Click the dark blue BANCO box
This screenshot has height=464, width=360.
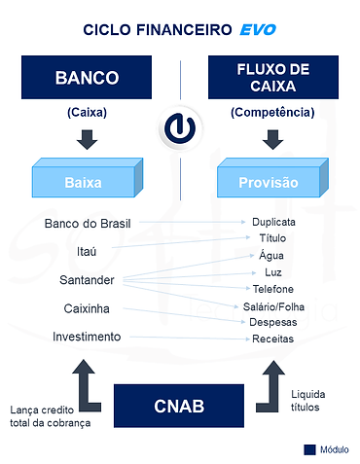pyautogui.click(x=89, y=79)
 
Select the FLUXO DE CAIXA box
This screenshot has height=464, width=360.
pyautogui.click(x=271, y=79)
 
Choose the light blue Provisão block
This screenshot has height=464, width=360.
pyautogui.click(x=271, y=181)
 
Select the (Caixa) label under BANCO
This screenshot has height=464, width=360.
pyautogui.click(x=89, y=112)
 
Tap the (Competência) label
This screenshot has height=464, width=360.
pyautogui.click(x=271, y=112)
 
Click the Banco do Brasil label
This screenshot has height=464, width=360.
pyautogui.click(x=89, y=224)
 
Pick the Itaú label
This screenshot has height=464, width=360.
pyautogui.click(x=89, y=251)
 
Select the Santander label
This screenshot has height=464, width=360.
pyautogui.click(x=89, y=280)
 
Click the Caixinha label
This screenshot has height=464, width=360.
pyautogui.click(x=89, y=308)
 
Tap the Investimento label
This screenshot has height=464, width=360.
pyautogui.click(x=88, y=337)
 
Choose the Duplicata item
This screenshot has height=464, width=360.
pyautogui.click(x=273, y=222)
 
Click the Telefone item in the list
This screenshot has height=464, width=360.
pyautogui.click(x=273, y=289)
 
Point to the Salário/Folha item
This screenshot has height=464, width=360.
pyautogui.click(x=273, y=306)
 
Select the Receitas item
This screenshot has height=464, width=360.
pyautogui.click(x=273, y=339)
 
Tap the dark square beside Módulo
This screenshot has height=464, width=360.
pyautogui.click(x=309, y=449)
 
